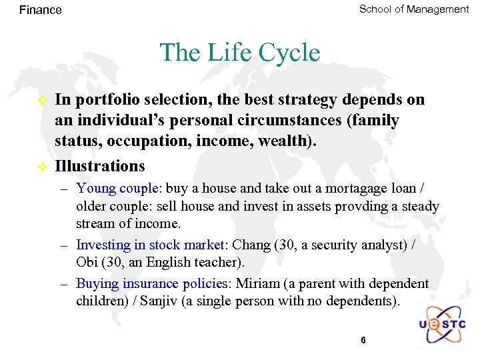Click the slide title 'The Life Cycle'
click(240, 52)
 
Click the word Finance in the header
click(41, 10)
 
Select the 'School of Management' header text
click(413, 9)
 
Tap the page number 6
click(363, 340)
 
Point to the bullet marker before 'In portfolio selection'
click(42, 100)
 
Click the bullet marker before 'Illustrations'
click(42, 165)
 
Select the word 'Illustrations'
click(100, 165)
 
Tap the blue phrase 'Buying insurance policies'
click(152, 283)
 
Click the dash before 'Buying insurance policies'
click(64, 283)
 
